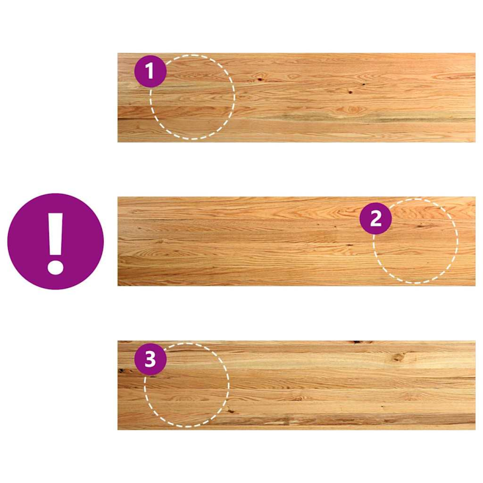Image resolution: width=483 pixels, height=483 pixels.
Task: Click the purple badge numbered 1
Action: [151, 71]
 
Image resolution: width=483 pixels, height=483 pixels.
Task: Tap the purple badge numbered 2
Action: [376, 218]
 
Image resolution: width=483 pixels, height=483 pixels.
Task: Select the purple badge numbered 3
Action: [151, 359]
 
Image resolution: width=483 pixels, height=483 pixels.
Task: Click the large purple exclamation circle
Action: [56, 242]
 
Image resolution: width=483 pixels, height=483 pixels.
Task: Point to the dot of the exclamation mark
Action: [56, 267]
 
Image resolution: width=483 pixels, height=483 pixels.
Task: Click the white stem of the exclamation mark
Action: [56, 234]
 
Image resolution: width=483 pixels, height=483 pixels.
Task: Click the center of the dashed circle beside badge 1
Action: [192, 97]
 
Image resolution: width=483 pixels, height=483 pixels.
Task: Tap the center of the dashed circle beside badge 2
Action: [415, 241]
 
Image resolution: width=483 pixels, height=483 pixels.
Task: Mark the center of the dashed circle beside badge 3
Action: [187, 385]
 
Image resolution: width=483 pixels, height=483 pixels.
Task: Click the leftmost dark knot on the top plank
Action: [260, 80]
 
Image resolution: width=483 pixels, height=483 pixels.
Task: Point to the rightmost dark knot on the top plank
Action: [363, 85]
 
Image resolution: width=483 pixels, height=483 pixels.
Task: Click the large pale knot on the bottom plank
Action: [398, 357]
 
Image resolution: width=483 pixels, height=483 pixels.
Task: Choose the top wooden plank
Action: [296, 97]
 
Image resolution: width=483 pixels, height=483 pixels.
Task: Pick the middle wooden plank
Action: [296, 241]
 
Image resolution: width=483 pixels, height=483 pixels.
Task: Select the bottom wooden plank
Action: [296, 385]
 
